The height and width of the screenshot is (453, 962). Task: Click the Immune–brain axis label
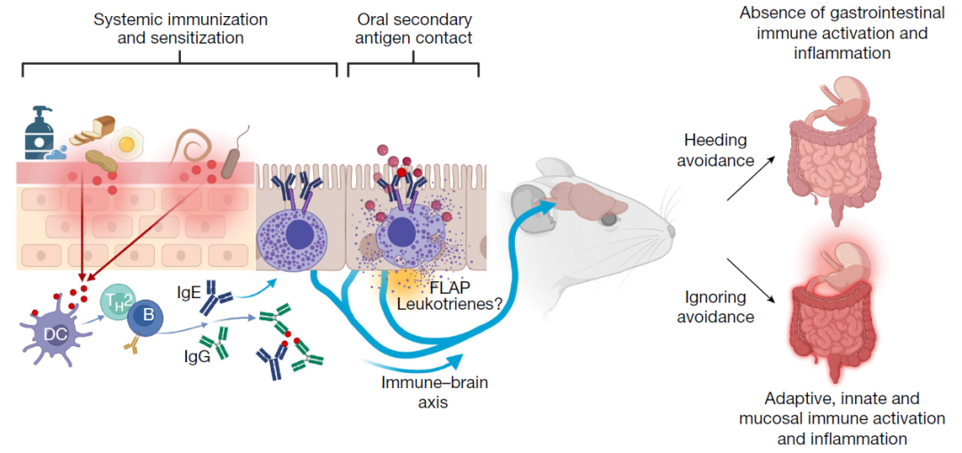[422, 392]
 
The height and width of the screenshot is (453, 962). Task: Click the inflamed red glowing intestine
[833, 321]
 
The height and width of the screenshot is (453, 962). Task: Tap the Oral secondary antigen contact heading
[413, 28]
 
